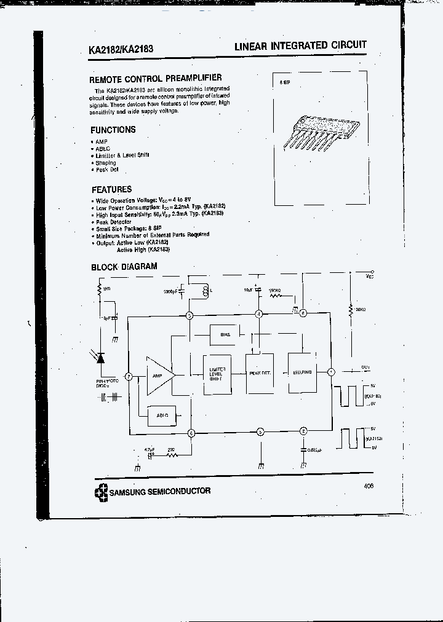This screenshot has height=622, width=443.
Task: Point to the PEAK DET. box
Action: click(260, 373)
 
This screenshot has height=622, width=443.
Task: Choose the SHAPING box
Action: click(302, 372)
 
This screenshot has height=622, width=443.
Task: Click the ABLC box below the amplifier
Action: click(162, 415)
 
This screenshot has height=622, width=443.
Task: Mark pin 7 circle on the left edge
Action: click(129, 376)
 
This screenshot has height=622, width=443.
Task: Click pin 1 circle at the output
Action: click(330, 372)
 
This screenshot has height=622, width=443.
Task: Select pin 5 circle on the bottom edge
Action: click(260, 431)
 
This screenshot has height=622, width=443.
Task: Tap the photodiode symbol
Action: click(102, 358)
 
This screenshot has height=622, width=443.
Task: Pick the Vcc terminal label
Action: click(369, 277)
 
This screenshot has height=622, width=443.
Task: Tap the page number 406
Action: click(369, 486)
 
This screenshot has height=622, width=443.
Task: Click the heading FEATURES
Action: click(112, 190)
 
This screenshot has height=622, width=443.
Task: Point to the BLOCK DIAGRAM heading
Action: click(124, 267)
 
